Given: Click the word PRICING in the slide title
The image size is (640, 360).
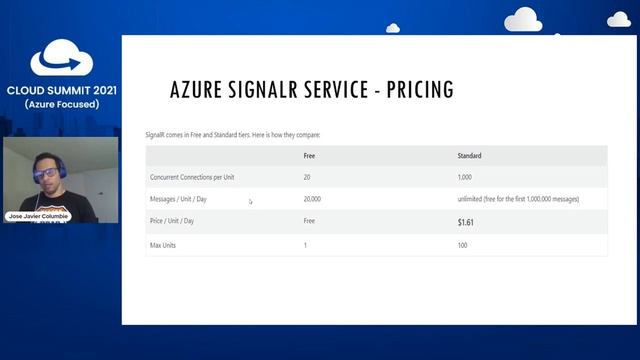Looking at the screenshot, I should [414, 90].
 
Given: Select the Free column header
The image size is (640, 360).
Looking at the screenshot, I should [310, 156].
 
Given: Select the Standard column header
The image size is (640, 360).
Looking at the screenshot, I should [469, 156].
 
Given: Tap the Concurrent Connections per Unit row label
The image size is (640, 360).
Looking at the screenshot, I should [192, 177].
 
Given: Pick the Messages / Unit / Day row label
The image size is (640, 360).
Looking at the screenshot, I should [179, 199].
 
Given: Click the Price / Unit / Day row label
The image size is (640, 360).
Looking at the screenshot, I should [172, 221].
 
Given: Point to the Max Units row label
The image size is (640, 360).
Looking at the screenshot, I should [164, 244].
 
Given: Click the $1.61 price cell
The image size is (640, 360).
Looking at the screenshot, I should [466, 222].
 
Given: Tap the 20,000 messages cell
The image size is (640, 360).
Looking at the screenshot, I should [312, 199].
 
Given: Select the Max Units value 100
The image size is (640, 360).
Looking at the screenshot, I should [462, 244].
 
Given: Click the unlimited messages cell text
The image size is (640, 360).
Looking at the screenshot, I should [517, 199].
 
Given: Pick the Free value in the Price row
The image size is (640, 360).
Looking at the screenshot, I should [309, 221].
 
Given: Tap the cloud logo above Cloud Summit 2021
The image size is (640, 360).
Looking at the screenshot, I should [61, 60].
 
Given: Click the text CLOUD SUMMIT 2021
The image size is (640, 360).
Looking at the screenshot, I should [61, 90].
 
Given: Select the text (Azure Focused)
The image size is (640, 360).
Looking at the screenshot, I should [61, 104].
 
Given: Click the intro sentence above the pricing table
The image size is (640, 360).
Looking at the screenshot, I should [232, 134].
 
